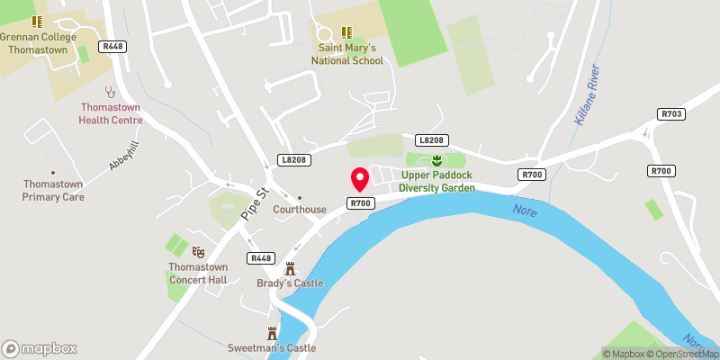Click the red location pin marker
pos(359,178)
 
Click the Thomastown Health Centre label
pos(112,112)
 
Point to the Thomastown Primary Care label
pos(53,190)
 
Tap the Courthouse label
pos(300,210)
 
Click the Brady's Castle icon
pos(290,268)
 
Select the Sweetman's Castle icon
pos(273,332)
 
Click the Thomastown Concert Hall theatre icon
pos(199,253)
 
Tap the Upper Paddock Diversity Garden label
pos(437,182)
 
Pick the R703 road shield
pos(671,114)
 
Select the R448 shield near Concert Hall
pos(260,258)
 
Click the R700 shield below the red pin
pos(361,203)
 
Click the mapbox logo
pos(40,348)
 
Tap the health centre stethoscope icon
pos(112,91)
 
